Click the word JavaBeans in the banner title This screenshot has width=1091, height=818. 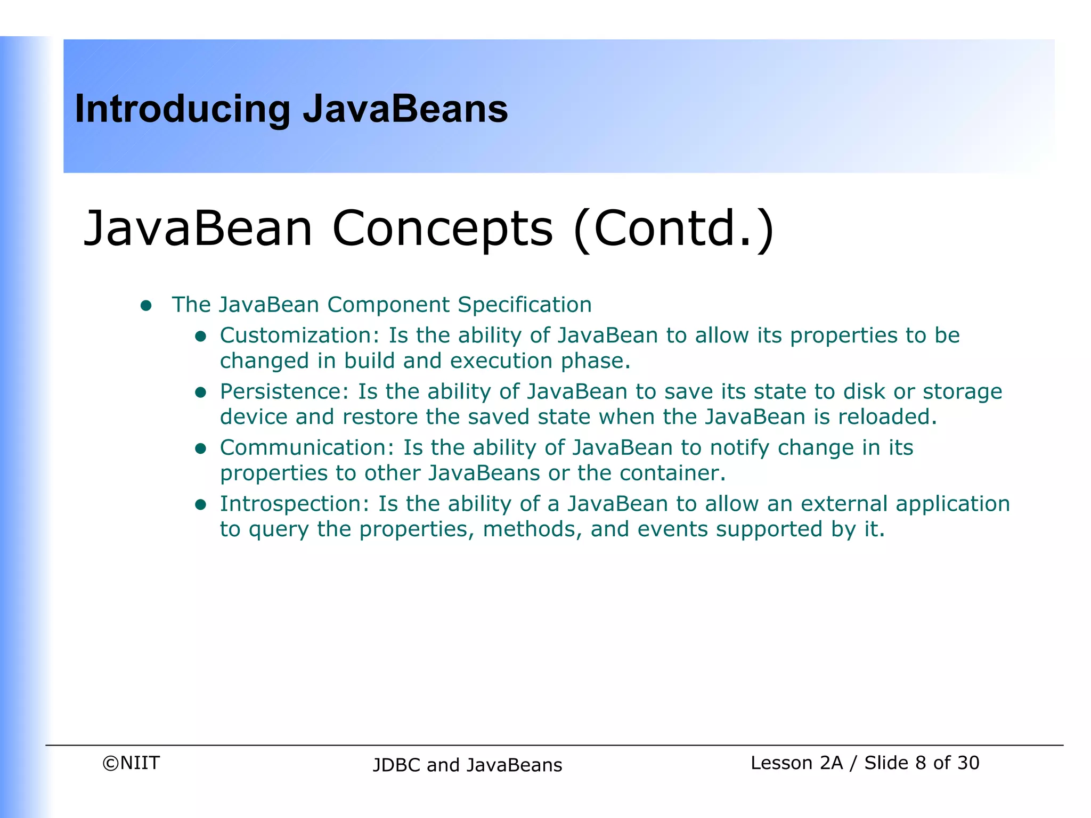(405, 109)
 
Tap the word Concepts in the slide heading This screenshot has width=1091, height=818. (442, 229)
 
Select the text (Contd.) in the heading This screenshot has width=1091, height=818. (673, 229)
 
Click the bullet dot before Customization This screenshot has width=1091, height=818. (200, 337)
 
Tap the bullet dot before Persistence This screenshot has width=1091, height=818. (200, 393)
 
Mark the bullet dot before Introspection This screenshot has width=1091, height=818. (200, 505)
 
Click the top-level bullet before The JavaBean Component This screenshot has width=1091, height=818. (146, 306)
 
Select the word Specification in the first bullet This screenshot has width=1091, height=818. (524, 305)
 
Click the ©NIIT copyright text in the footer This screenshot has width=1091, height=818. (131, 763)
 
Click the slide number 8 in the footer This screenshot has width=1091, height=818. (920, 763)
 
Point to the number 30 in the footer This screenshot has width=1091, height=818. (968, 763)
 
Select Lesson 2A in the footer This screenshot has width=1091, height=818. (796, 763)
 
